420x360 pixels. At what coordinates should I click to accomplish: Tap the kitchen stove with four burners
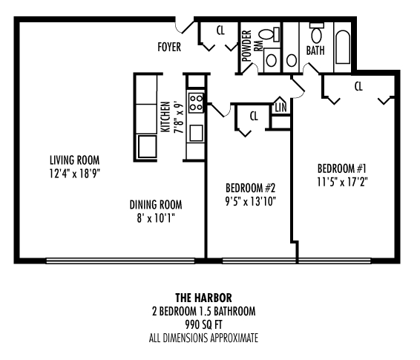(196, 101)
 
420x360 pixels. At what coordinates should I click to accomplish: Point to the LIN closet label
(280, 108)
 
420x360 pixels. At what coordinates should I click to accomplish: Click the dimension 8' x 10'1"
(155, 218)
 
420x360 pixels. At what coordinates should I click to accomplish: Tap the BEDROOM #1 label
(342, 167)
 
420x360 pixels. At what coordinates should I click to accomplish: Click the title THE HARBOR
(209, 298)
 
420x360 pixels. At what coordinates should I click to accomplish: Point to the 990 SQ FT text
(209, 324)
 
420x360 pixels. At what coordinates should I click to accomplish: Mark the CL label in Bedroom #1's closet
(358, 86)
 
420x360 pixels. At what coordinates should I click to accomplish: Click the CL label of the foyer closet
(220, 30)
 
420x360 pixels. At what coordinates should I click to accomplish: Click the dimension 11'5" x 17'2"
(342, 180)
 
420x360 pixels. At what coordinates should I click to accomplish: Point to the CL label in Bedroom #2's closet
(253, 115)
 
